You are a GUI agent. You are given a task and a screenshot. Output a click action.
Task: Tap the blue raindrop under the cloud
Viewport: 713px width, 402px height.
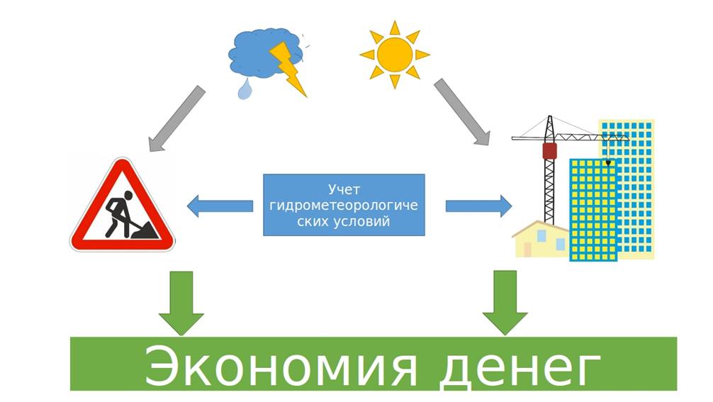pos(245,89)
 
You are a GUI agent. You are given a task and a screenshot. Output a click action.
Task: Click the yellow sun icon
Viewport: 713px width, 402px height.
pos(395,53)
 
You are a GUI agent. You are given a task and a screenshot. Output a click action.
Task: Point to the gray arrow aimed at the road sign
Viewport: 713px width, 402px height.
pos(178,118)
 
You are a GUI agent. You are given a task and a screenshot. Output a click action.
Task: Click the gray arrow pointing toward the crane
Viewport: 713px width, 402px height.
pos(462,111)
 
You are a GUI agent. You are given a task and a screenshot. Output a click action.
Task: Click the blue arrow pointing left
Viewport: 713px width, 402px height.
pos(220,206)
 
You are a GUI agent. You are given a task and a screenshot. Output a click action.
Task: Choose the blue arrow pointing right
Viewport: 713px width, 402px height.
pos(478,206)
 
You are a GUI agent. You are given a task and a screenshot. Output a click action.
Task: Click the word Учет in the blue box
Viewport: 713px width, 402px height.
pos(344,189)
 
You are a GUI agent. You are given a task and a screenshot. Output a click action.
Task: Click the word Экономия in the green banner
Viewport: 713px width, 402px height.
pos(269,364)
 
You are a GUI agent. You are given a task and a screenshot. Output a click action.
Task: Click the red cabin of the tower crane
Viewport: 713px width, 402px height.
pos(549,150)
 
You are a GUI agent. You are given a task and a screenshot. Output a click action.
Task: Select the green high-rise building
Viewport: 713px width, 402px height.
pos(593,209)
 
